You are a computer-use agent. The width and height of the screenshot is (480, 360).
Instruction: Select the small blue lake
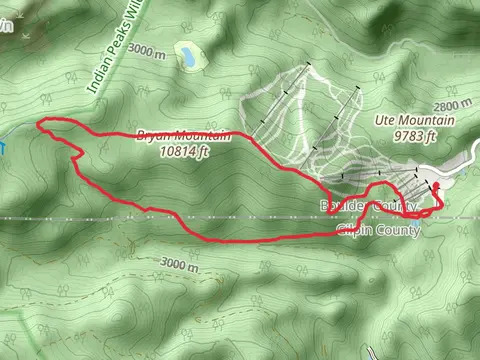coord(186,56)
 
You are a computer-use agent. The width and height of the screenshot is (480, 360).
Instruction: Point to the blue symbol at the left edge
coord(2,146)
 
